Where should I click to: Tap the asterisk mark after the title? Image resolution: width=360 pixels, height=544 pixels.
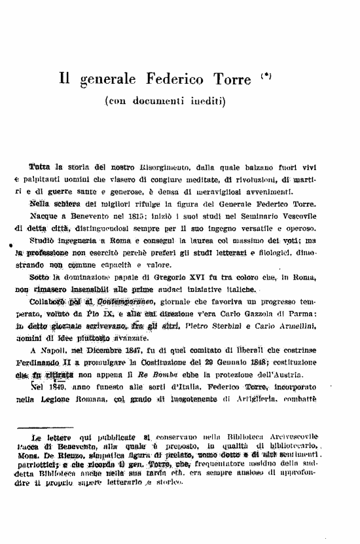pos(266,78)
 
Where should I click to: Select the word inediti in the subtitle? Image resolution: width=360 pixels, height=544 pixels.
pos(204,102)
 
